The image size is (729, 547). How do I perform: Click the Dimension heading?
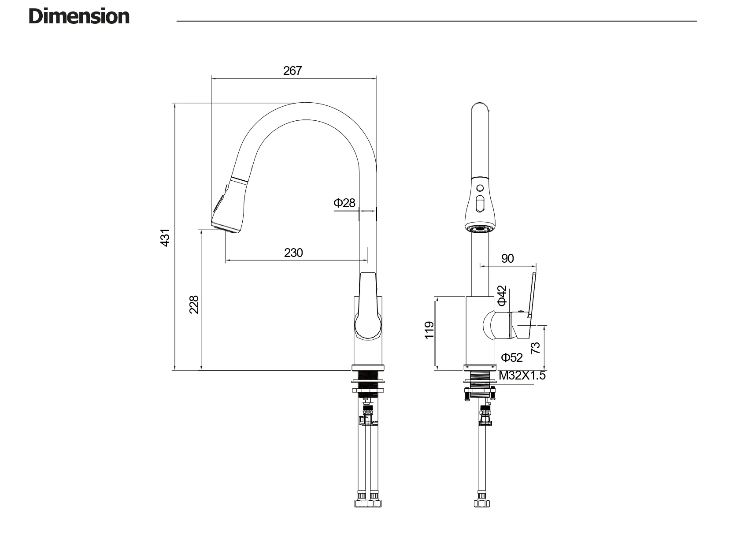[79, 17]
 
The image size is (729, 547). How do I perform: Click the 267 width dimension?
[292, 71]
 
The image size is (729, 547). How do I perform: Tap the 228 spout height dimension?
[194, 304]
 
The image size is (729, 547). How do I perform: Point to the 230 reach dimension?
[293, 253]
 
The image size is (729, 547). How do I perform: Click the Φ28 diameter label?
[344, 203]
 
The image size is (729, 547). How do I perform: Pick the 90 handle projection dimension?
[507, 258]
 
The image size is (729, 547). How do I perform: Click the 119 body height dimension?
[429, 330]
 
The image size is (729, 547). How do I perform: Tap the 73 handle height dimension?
[535, 348]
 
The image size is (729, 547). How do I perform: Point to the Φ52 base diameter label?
[511, 357]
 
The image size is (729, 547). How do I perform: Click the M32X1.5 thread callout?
[522, 376]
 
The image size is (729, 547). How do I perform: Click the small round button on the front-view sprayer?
[480, 188]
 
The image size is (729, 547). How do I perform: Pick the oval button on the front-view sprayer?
[480, 205]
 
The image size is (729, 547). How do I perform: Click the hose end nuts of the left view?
[367, 503]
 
